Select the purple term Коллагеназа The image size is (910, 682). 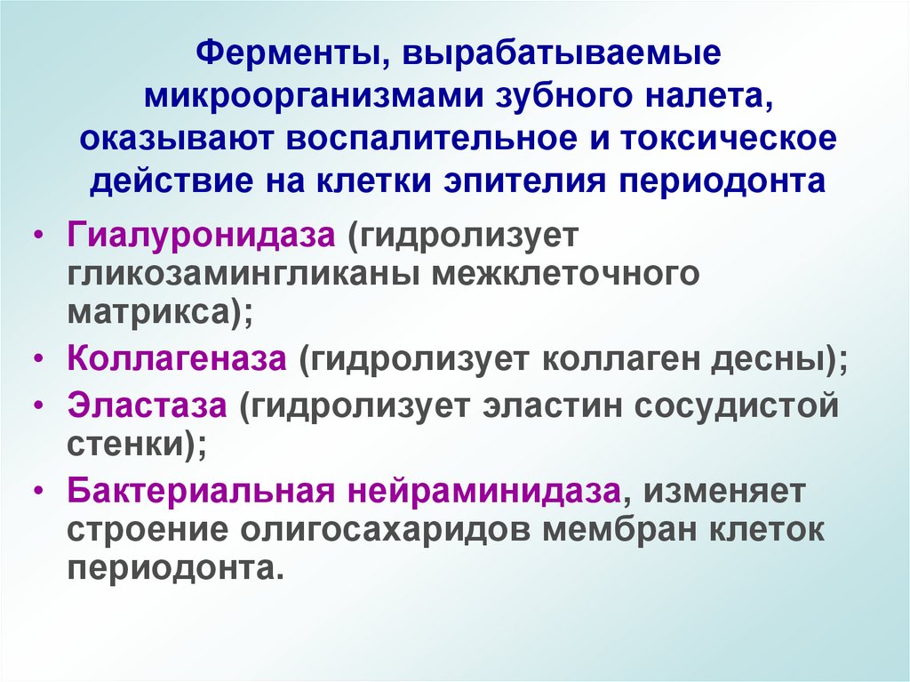pos(176,360)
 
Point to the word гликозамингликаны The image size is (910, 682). pos(242,276)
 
